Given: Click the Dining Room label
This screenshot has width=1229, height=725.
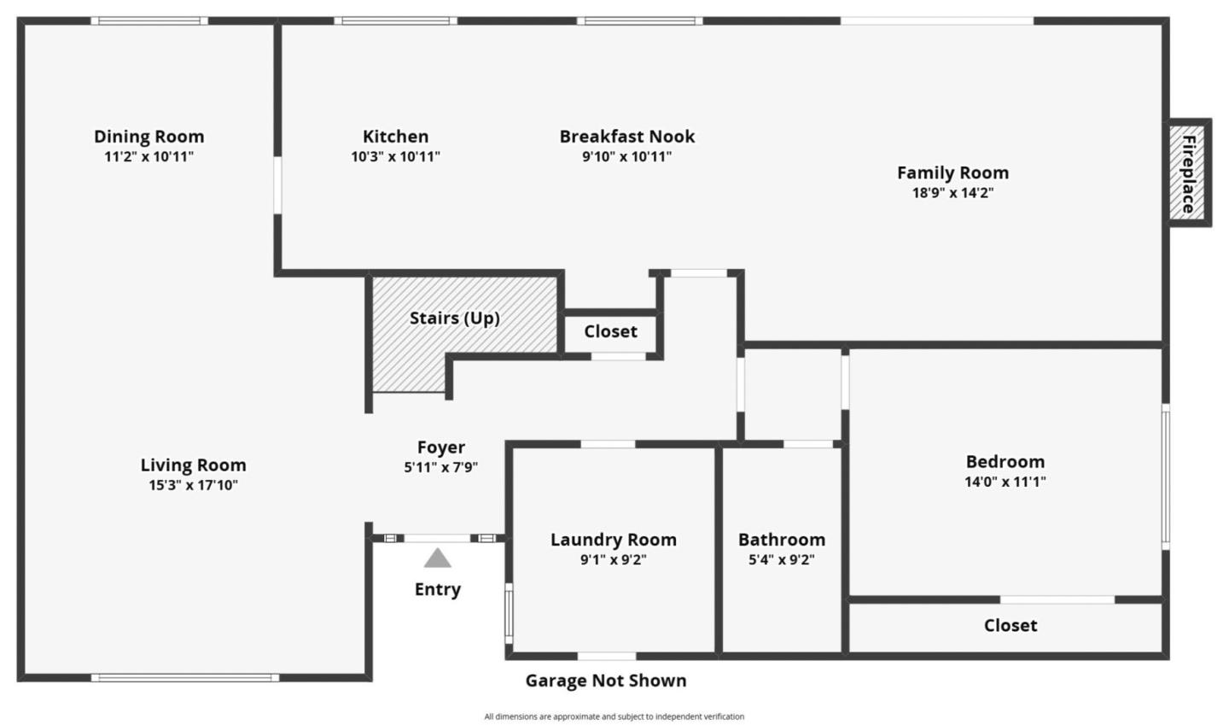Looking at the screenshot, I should click(x=149, y=137).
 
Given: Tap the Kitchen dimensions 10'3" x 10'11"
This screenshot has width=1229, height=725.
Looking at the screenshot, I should click(x=395, y=157).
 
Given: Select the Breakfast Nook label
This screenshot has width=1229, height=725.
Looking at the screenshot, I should click(x=626, y=137).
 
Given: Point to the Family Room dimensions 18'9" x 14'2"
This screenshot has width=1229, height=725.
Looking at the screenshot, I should click(x=952, y=193).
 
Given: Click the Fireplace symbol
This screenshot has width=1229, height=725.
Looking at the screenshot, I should click(x=1188, y=173).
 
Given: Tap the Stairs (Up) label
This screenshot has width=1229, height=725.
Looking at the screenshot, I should click(x=454, y=319).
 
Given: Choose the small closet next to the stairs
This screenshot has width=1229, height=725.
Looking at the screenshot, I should click(x=610, y=331).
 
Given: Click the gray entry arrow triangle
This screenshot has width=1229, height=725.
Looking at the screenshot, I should click(x=438, y=558).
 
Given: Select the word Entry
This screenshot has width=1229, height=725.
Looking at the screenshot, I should click(x=438, y=589).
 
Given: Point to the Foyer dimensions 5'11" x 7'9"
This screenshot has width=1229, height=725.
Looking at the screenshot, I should click(x=440, y=468).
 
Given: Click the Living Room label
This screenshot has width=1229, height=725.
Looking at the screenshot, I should click(x=193, y=465).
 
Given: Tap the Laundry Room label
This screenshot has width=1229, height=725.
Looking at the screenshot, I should click(x=613, y=540).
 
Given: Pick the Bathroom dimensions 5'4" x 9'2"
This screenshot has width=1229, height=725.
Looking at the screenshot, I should click(x=781, y=560).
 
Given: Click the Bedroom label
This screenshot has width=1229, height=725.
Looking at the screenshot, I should click(x=1005, y=462).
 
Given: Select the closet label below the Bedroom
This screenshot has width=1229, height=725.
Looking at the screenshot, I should click(x=1011, y=625).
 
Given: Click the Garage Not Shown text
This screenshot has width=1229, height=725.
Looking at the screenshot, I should click(x=605, y=681).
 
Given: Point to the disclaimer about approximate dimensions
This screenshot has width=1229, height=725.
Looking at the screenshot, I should click(x=614, y=717).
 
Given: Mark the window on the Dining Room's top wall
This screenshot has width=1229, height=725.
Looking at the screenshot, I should click(x=149, y=21).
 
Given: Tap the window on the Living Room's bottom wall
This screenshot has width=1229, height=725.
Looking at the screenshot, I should click(x=185, y=678).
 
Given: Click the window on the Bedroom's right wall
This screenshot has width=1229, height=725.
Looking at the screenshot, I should click(x=1165, y=477).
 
